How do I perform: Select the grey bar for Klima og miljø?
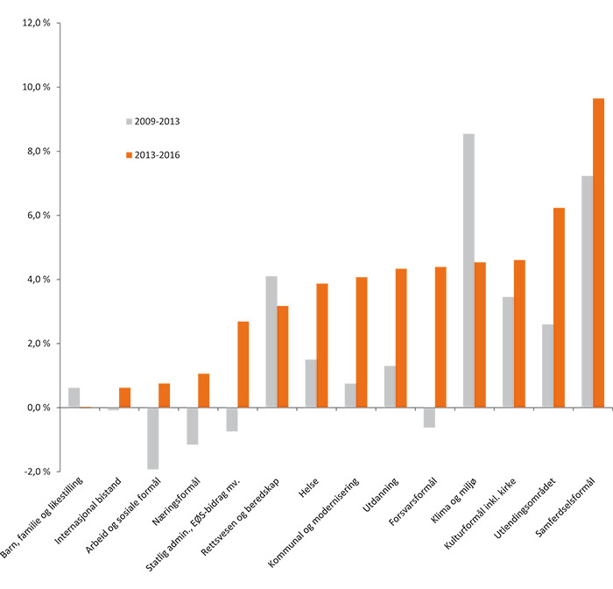(469, 271)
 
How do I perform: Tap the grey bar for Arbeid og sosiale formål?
(153, 438)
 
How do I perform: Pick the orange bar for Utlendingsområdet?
(559, 308)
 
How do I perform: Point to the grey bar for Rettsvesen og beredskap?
(271, 342)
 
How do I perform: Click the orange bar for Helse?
(322, 345)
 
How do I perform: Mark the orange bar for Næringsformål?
(204, 390)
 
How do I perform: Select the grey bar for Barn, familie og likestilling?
(74, 397)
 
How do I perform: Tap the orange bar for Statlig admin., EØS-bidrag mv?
(243, 365)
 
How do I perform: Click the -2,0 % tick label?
(36, 472)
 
